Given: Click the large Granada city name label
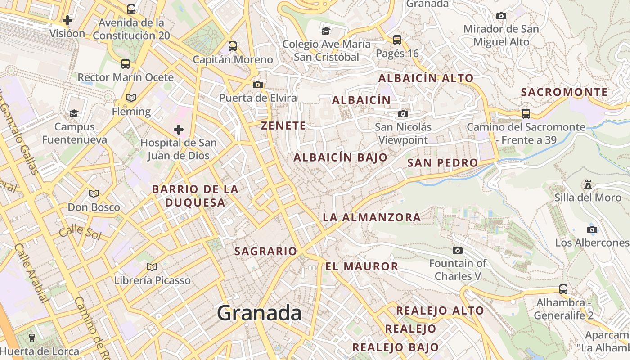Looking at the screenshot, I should [x=259, y=313].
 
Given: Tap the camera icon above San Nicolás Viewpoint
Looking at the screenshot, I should [x=403, y=114].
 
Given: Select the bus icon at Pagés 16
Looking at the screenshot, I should [x=397, y=40].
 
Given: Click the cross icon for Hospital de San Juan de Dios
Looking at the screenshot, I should [x=179, y=130].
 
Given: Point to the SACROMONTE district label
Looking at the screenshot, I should [x=564, y=92].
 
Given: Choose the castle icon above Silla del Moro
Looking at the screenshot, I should [x=588, y=184].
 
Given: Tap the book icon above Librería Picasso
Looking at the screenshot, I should [x=152, y=267].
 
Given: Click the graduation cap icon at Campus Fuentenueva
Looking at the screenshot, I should [x=74, y=113].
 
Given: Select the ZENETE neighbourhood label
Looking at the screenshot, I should [x=283, y=126].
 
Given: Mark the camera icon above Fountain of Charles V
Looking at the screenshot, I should [x=458, y=250].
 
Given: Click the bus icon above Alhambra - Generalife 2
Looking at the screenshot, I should [x=563, y=289].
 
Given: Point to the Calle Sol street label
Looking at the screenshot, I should [x=80, y=233].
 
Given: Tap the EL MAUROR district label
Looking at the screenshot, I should [x=362, y=266].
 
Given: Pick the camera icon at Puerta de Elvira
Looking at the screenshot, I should [x=258, y=85].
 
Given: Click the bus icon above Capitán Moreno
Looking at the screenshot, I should [x=233, y=46].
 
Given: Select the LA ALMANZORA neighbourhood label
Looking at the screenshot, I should [x=372, y=218].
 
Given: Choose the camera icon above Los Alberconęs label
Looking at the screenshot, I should [x=592, y=229].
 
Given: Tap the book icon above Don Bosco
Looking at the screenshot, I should [x=94, y=193].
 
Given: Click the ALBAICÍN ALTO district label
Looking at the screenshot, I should [x=426, y=78].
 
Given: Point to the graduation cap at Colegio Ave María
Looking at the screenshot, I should [x=326, y=31].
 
